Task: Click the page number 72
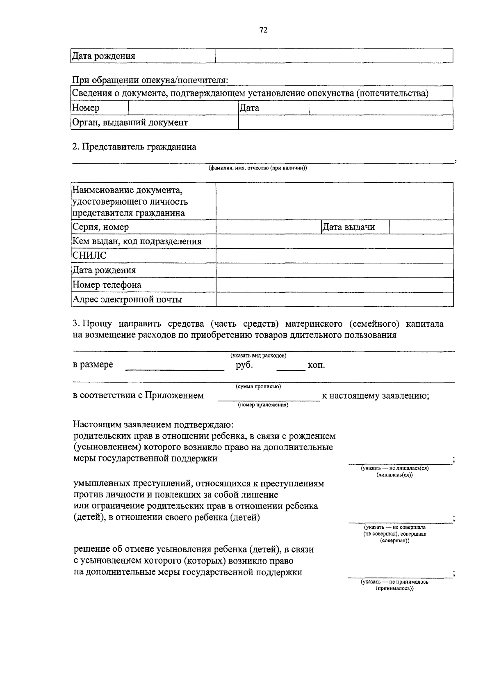tap(263, 30)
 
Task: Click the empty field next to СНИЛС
tap(334, 256)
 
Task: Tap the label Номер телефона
tap(107, 285)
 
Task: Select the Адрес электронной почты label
tap(127, 300)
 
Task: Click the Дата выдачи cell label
tap(348, 227)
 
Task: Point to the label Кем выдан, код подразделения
tap(137, 241)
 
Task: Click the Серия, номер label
tap(100, 227)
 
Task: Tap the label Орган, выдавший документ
tap(130, 122)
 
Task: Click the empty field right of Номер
tap(183, 108)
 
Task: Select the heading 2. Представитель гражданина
tap(134, 147)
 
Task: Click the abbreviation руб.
tap(244, 365)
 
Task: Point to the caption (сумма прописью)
tap(258, 387)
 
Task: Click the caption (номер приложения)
tap(263, 405)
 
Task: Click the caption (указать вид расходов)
tap(258, 355)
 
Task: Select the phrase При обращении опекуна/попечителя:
tap(150, 80)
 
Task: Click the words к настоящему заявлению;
tap(375, 396)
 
